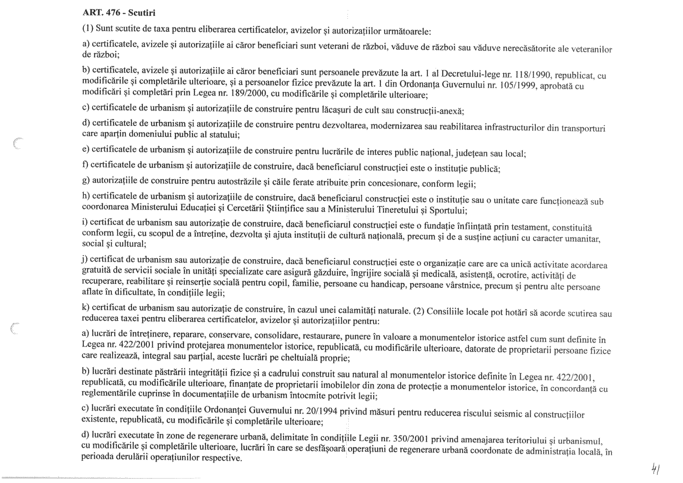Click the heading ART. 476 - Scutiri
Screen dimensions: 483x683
(x=119, y=13)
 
